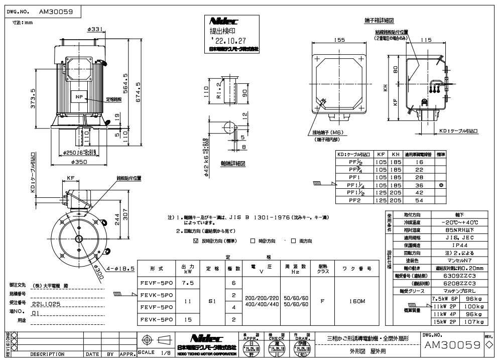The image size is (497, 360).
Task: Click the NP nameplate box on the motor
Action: coord(79,96)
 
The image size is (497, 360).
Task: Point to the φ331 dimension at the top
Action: coord(94,30)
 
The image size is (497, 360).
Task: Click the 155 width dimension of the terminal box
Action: coord(340,39)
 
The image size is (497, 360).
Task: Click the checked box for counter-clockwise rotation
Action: coord(196,241)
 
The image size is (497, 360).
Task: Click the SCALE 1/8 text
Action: coord(150,352)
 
